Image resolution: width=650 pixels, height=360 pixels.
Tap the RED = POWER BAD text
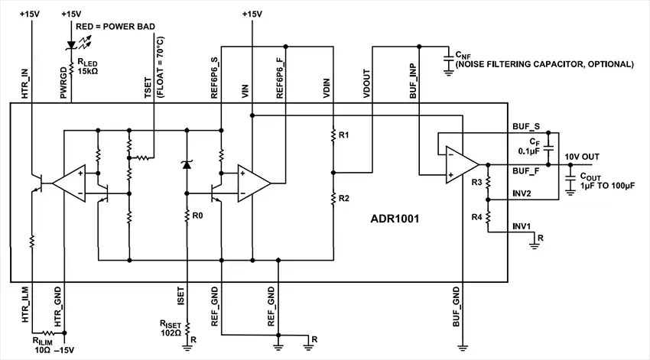116,27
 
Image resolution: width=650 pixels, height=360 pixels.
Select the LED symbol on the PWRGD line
71,47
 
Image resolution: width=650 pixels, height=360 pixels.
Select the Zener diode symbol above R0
187,164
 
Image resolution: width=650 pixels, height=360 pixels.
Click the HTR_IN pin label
24,83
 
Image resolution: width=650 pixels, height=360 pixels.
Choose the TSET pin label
148,89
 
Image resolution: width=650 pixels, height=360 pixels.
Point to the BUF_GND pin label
457,304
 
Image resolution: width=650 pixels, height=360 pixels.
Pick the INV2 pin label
522,193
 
